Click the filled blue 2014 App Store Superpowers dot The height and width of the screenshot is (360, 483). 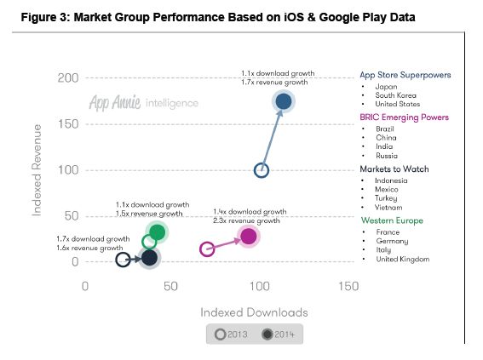tap(284, 102)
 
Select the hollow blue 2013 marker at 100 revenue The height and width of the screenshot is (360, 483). tap(262, 170)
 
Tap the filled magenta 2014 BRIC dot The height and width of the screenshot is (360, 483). tap(248, 237)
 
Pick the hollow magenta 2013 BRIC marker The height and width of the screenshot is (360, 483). tap(207, 249)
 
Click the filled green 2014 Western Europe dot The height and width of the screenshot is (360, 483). tap(157, 231)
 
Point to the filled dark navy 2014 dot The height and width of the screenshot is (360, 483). tap(150, 258)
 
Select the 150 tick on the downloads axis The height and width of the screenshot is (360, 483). tap(348, 288)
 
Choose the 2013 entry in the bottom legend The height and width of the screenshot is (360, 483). tap(233, 334)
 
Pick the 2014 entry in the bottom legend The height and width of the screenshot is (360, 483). tap(272, 334)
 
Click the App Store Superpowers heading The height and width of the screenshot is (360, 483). tap(405, 74)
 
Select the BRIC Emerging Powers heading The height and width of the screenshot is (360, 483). tap(404, 117)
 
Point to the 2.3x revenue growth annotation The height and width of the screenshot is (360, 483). tap(244, 220)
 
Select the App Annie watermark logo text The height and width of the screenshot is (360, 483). tap(119, 103)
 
